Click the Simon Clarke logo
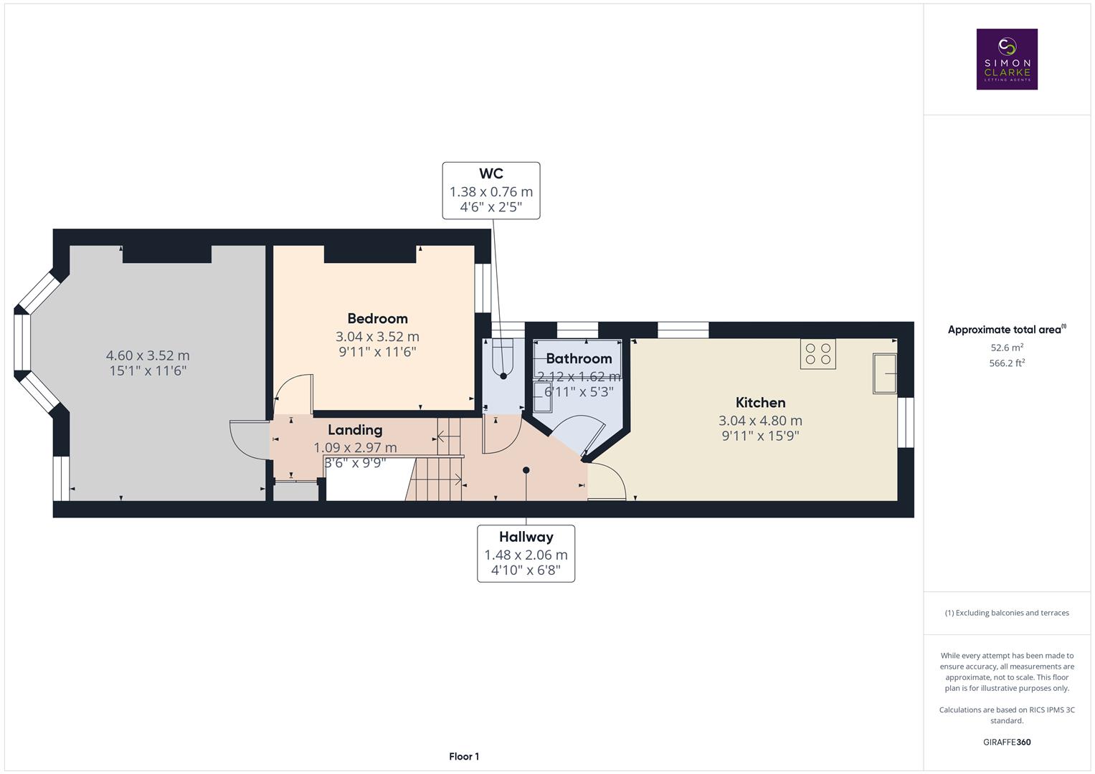tap(1007, 59)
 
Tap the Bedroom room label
tap(377, 318)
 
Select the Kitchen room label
tap(760, 403)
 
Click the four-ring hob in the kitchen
tap(817, 353)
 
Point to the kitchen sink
tap(884, 373)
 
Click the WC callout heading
tap(491, 173)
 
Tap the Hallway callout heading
tap(526, 537)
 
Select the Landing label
tap(355, 430)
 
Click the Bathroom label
tap(579, 358)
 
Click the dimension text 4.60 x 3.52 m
tap(148, 355)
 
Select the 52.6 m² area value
tap(1007, 348)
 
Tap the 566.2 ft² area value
tap(1007, 363)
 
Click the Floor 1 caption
tap(464, 757)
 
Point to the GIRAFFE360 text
tap(1007, 742)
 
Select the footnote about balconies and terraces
tap(1007, 613)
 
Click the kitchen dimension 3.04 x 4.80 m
tap(760, 421)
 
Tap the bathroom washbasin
tap(542, 397)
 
